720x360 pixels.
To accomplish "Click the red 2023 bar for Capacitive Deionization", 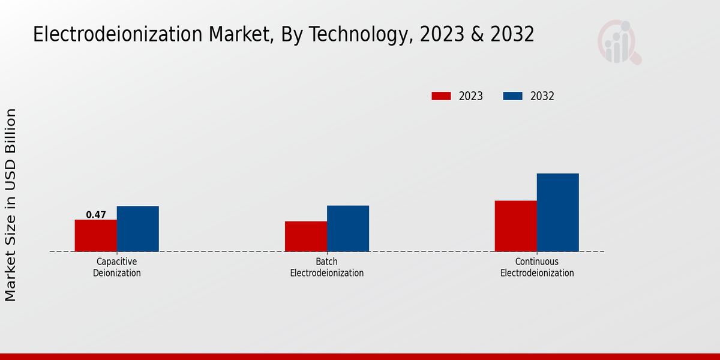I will tap(96, 236).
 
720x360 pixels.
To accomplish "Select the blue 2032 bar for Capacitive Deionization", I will tap(138, 229).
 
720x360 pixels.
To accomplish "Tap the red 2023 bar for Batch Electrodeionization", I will tap(306, 236).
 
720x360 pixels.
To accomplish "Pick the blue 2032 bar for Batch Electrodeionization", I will tap(348, 229).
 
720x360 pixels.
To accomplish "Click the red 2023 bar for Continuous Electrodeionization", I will tap(516, 226).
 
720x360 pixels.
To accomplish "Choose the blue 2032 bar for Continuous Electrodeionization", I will tap(558, 212).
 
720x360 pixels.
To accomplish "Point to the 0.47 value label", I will tap(96, 215).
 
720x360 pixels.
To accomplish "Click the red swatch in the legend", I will tap(441, 96).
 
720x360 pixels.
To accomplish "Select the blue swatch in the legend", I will tap(512, 96).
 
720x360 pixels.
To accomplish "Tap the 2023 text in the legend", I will tap(471, 96).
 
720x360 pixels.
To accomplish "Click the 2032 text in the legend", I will tap(542, 96).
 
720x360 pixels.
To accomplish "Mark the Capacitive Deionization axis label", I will tap(117, 268).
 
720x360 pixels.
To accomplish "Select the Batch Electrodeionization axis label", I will tap(327, 268).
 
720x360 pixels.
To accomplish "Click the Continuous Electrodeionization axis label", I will tap(537, 268).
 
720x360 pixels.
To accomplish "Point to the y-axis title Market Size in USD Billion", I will tap(11, 205).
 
